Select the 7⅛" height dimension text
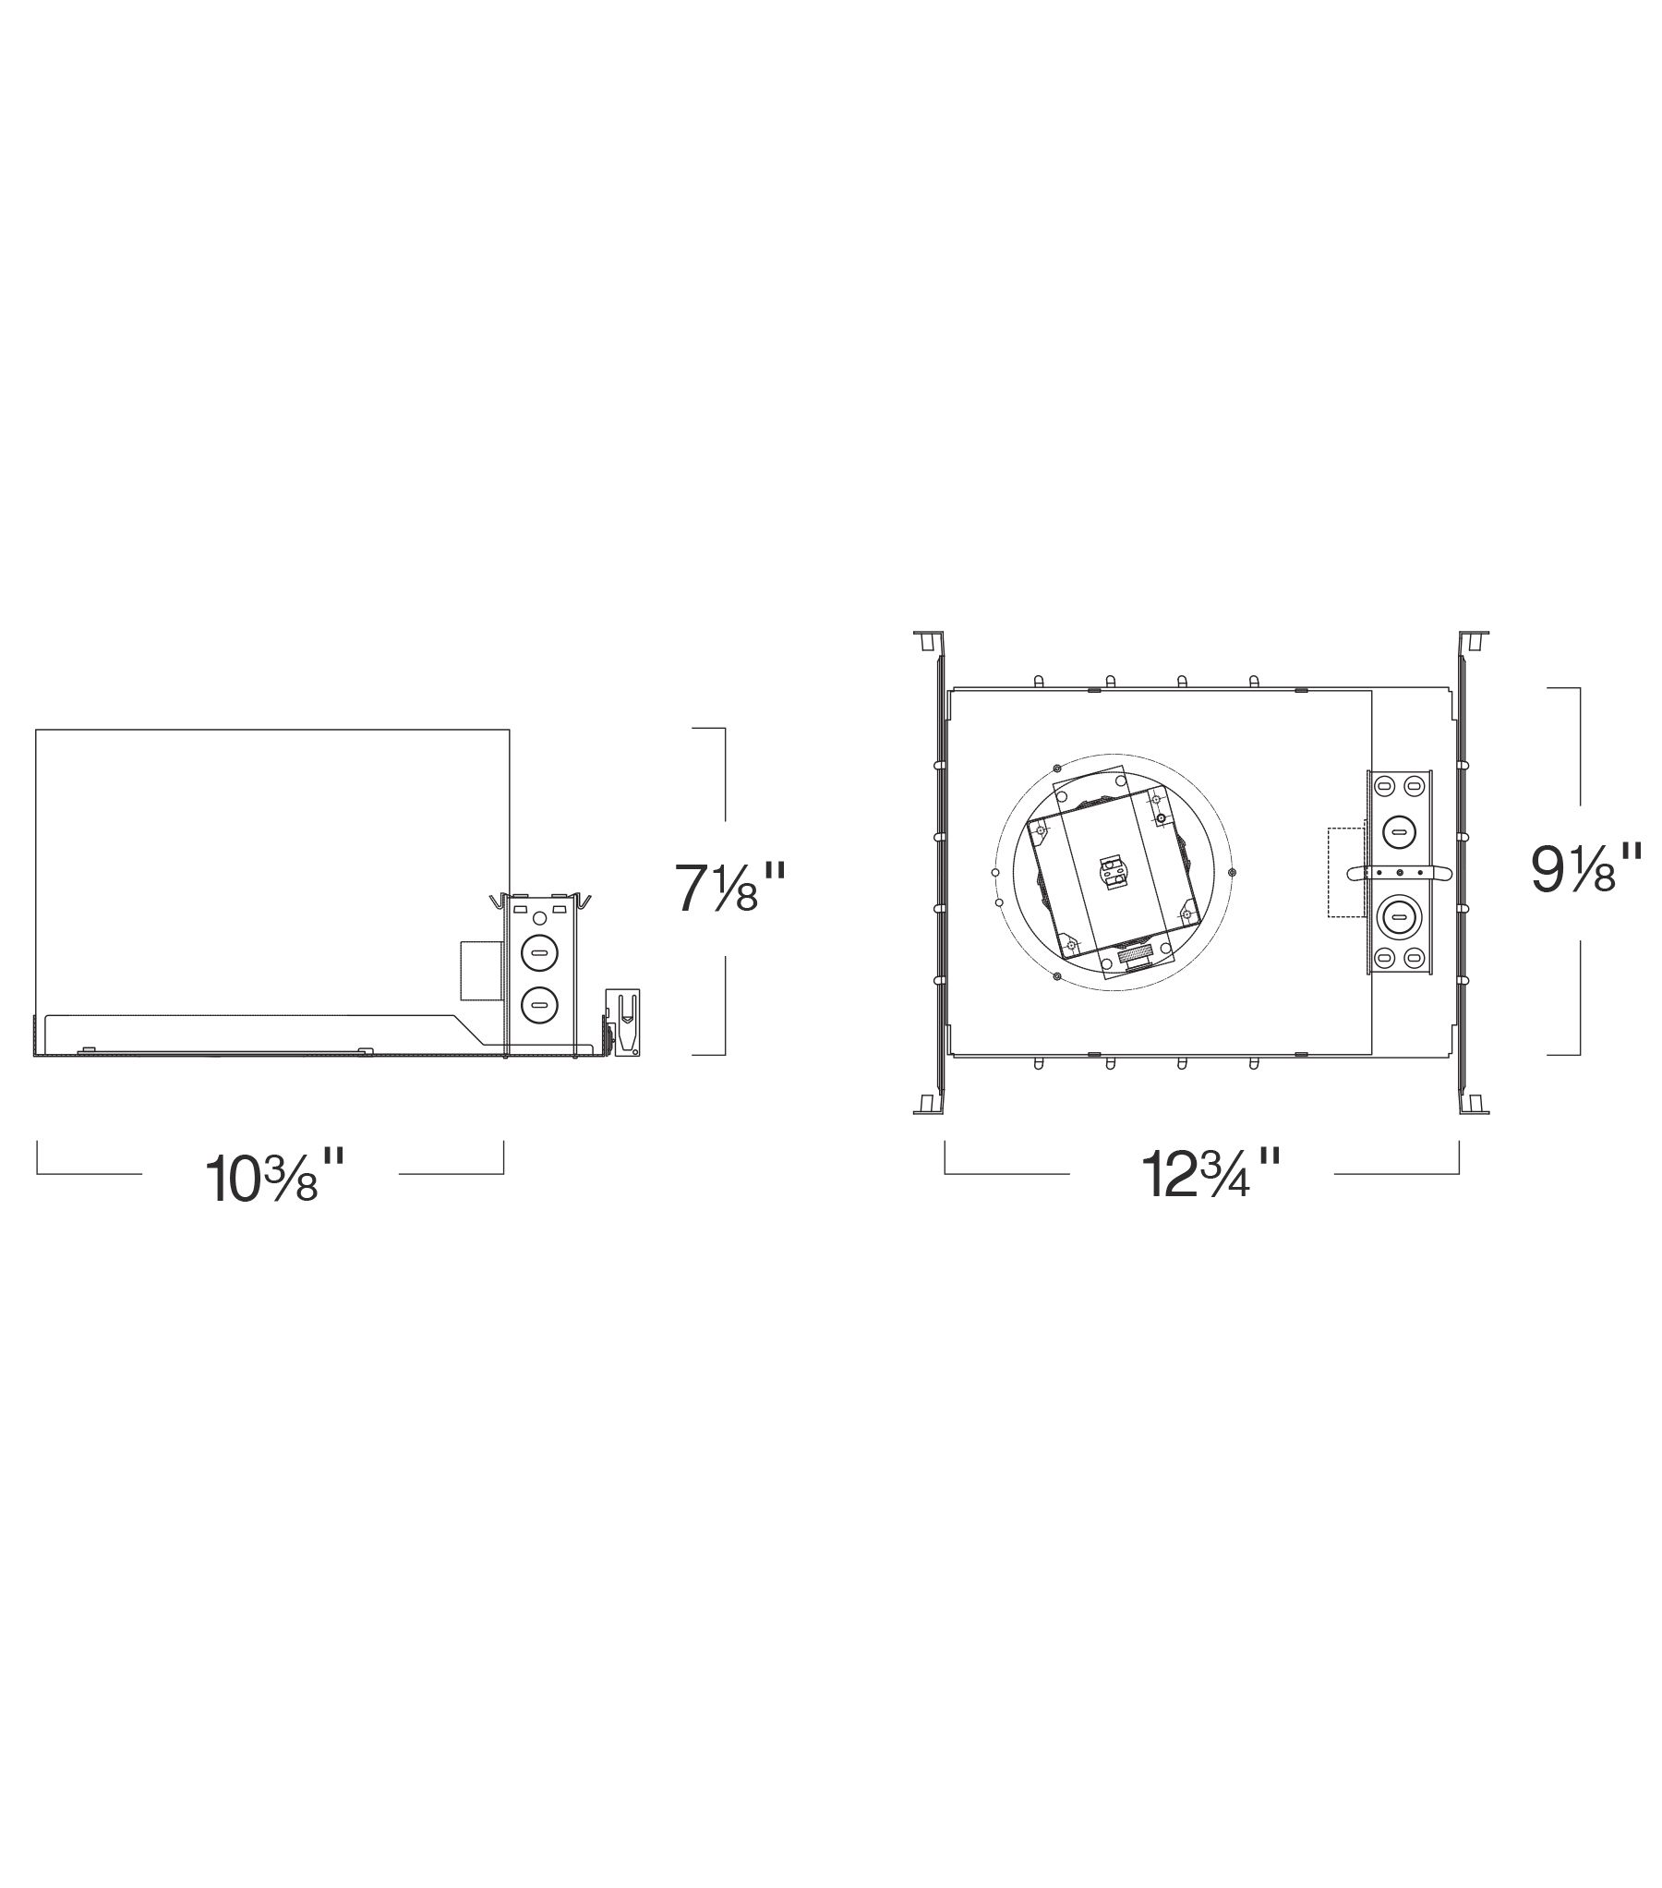(729, 887)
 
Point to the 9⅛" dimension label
(1586, 867)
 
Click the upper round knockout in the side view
(537, 950)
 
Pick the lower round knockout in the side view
(537, 1004)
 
